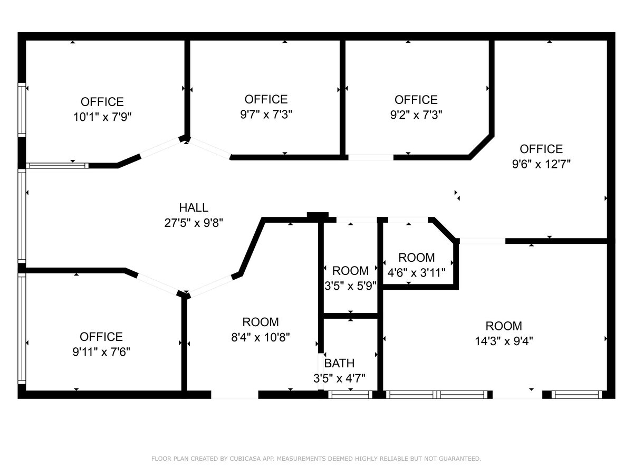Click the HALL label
[x=194, y=208]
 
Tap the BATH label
[x=339, y=363]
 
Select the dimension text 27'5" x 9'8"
[x=194, y=223]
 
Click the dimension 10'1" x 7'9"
[x=102, y=117]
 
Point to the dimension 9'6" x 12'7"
[x=541, y=164]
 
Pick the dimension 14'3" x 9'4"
[x=504, y=341]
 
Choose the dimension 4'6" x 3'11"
[x=417, y=273]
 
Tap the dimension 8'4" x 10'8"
[x=261, y=337]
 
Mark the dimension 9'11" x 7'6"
[x=101, y=351]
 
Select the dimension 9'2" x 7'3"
[x=416, y=115]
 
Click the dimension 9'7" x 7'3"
[x=266, y=114]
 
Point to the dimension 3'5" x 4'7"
[x=339, y=378]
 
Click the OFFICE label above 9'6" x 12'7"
[x=541, y=149]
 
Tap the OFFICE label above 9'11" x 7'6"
[x=101, y=337]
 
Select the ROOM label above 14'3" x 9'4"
[x=504, y=326]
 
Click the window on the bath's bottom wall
[x=350, y=394]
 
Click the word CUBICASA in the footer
[x=243, y=459]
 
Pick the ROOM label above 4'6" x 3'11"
[x=417, y=258]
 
